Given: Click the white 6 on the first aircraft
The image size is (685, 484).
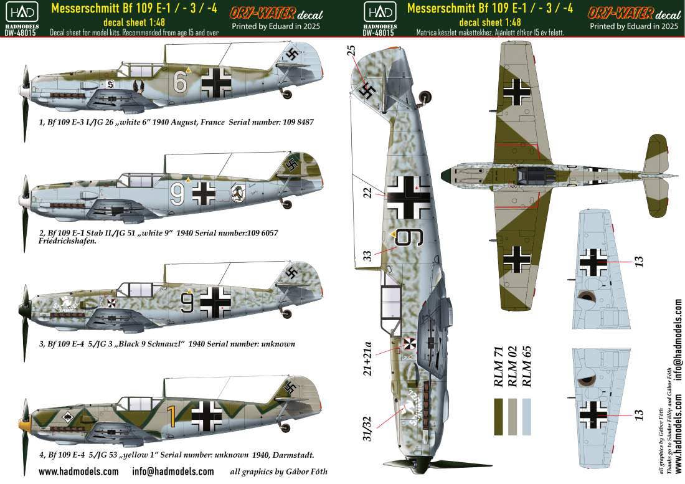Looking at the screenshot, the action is click(x=179, y=82).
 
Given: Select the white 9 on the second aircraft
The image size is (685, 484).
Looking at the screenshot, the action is click(x=177, y=194).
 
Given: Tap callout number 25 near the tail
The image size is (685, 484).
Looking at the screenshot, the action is click(x=351, y=50).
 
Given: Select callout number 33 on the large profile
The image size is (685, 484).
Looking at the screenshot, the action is click(x=367, y=255).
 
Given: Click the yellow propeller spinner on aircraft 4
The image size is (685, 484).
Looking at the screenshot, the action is click(x=21, y=424).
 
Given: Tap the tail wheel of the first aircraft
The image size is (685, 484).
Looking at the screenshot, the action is click(x=288, y=93).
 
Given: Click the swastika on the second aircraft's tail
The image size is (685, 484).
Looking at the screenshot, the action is click(x=291, y=164).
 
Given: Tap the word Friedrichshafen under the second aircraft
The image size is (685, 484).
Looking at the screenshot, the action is click(x=67, y=240).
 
